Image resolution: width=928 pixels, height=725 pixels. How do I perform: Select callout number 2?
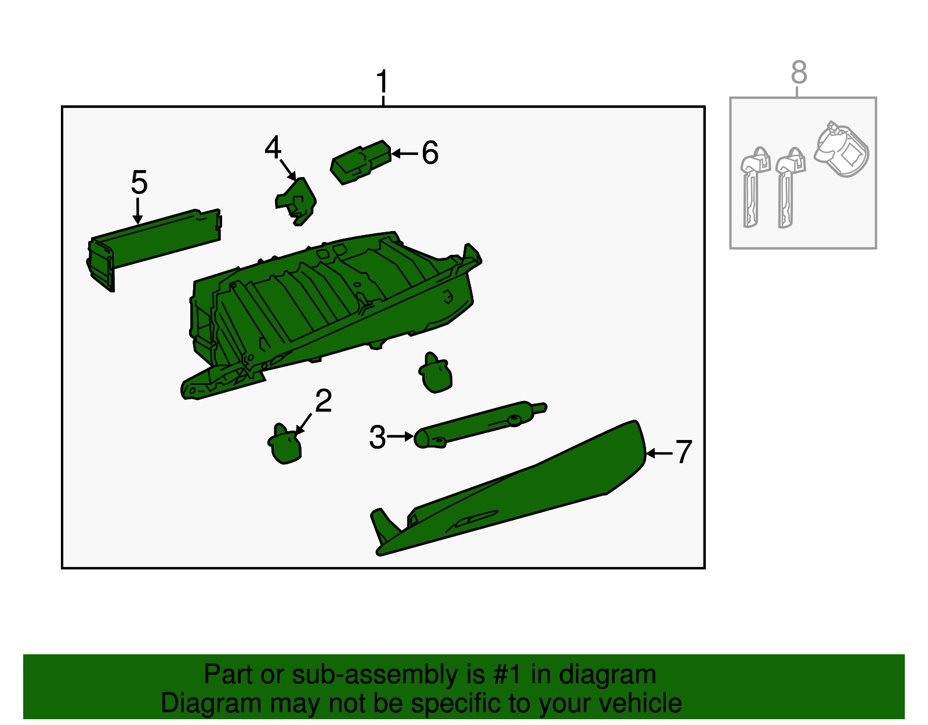pyautogui.click(x=323, y=401)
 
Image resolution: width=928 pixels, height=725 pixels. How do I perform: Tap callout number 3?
pyautogui.click(x=378, y=437)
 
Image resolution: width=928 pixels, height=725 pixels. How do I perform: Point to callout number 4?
pyautogui.click(x=273, y=147)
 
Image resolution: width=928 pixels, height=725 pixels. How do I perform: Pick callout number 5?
pyautogui.click(x=139, y=182)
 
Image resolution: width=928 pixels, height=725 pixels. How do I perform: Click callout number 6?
pyautogui.click(x=430, y=153)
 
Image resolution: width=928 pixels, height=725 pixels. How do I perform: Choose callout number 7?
pyautogui.click(x=683, y=452)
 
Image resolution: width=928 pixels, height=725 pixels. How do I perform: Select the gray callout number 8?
pyautogui.click(x=799, y=72)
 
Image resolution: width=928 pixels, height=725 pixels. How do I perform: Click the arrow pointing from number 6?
pyautogui.click(x=404, y=153)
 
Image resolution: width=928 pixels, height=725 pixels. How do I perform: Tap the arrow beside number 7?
pyautogui.click(x=659, y=453)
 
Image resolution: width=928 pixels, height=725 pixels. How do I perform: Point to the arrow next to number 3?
pyautogui.click(x=400, y=436)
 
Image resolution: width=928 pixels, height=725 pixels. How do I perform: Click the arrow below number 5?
pyautogui.click(x=137, y=211)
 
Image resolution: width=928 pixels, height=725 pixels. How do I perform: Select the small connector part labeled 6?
pyautogui.click(x=361, y=162)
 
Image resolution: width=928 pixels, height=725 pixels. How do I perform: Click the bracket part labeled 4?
pyautogui.click(x=296, y=201)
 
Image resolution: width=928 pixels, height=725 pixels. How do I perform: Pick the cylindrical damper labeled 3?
pyautogui.click(x=480, y=425)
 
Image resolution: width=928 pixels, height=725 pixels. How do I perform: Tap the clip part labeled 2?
pyautogui.click(x=285, y=444)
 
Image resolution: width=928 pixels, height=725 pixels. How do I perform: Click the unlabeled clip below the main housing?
pyautogui.click(x=435, y=373)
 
